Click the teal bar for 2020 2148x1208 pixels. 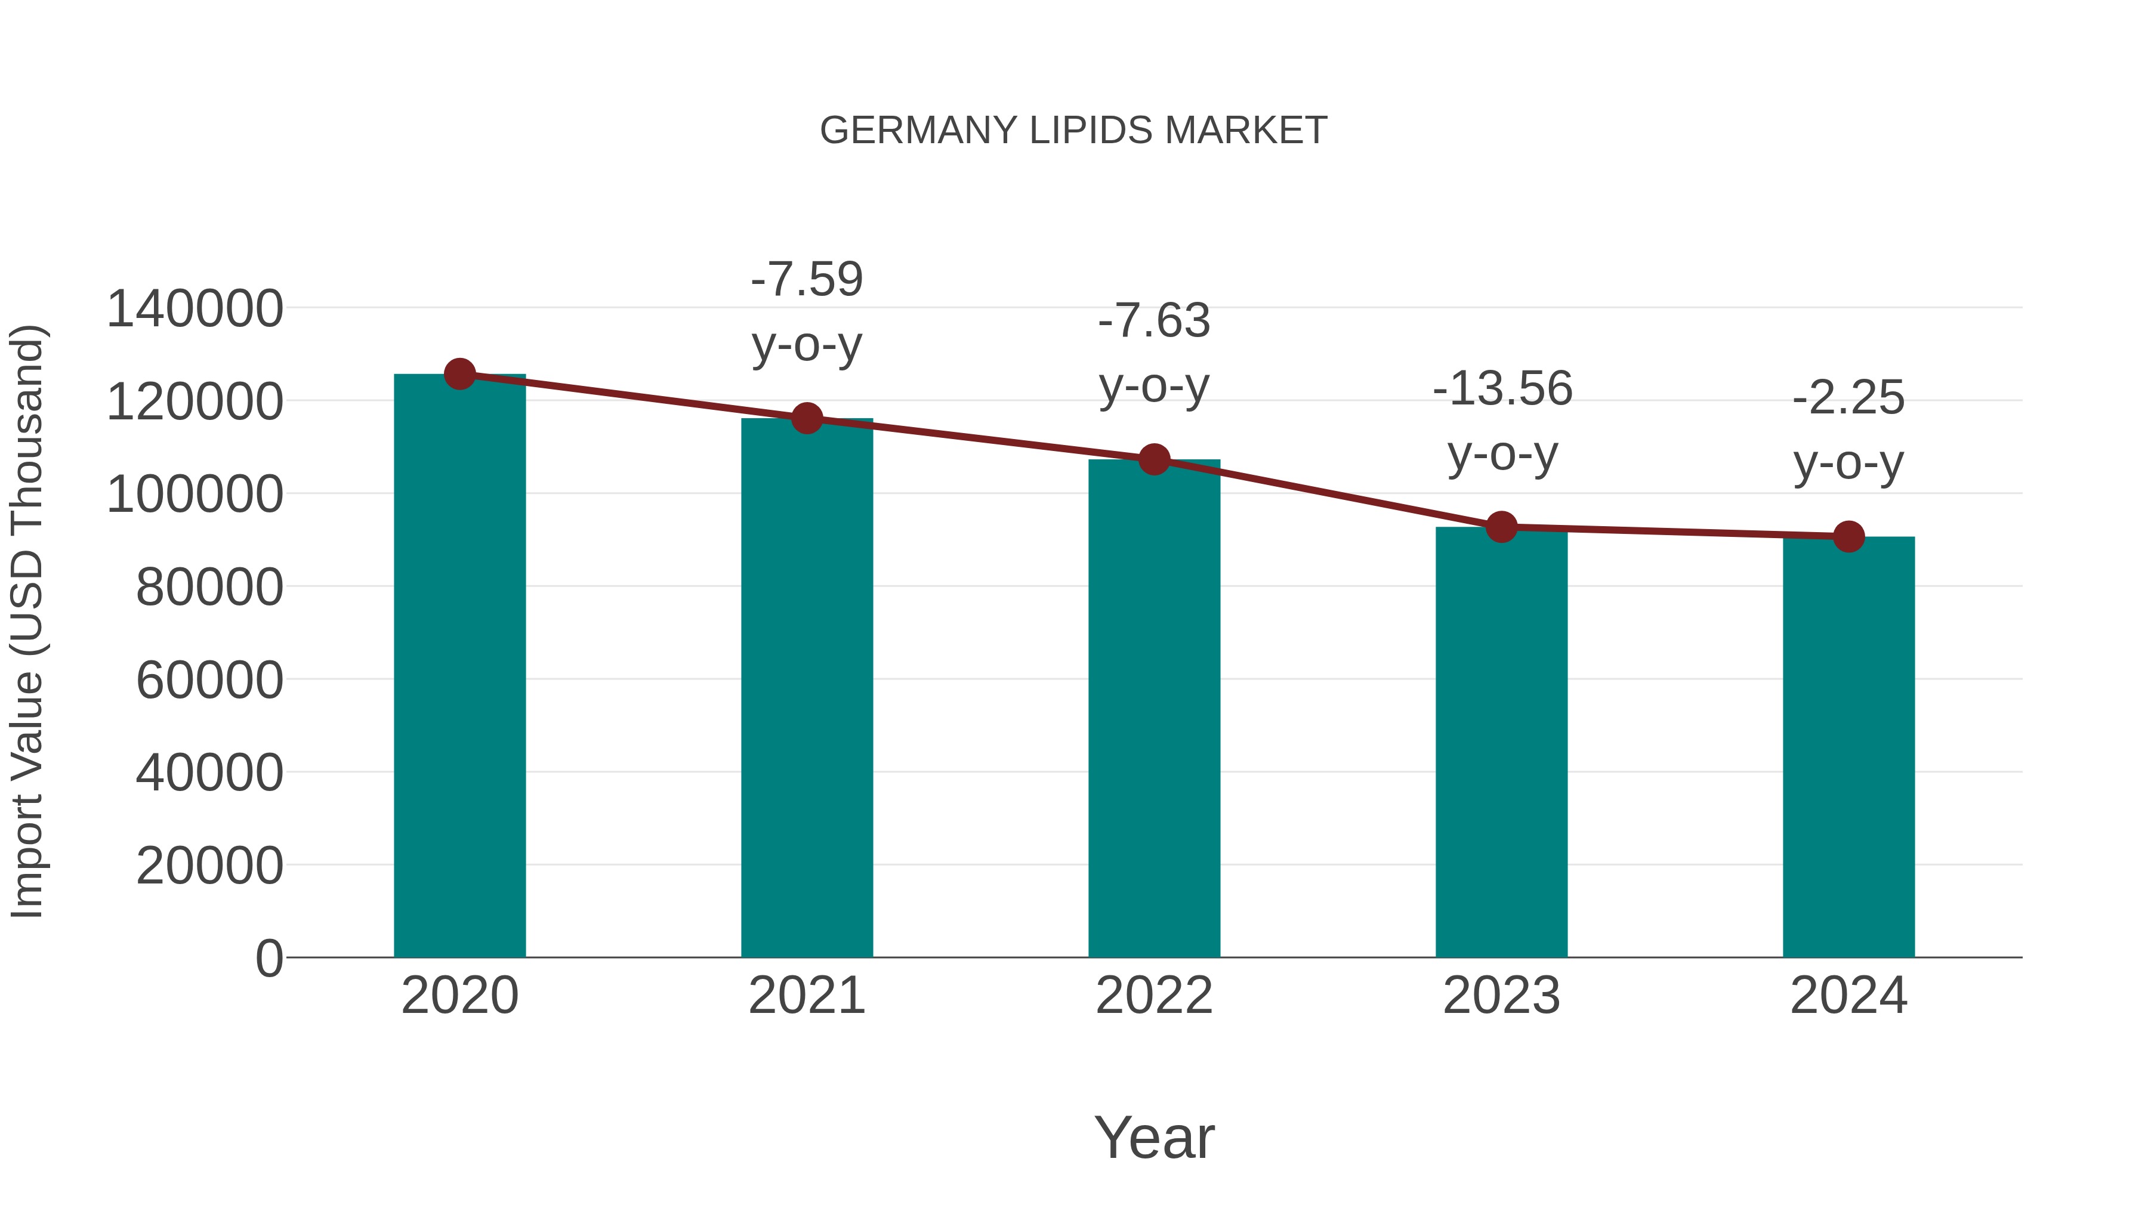[x=459, y=667]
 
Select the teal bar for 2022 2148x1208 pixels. [x=1154, y=709]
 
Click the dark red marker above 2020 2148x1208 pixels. [x=459, y=374]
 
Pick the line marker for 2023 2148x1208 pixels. [x=1502, y=527]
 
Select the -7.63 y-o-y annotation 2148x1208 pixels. [x=1154, y=354]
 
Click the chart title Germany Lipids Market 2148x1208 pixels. [x=1073, y=131]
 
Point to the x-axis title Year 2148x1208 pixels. [x=1154, y=1137]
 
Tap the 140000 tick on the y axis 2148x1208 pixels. [x=195, y=309]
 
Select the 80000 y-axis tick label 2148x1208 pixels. [x=209, y=588]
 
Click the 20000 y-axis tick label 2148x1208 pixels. [x=209, y=866]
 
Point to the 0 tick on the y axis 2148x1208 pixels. [x=269, y=959]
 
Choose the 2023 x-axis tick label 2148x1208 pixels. [x=1502, y=996]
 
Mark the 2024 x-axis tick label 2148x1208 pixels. [x=1848, y=996]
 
